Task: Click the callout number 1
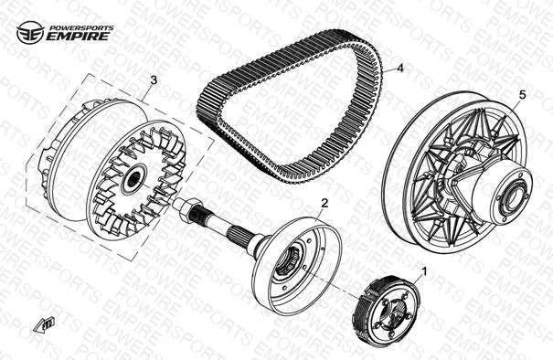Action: point(425,271)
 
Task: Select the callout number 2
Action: point(324,203)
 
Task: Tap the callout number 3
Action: point(154,80)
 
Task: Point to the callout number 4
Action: point(399,68)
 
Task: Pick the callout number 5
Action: point(522,94)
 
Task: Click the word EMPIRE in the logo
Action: point(78,37)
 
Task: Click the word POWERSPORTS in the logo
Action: point(81,27)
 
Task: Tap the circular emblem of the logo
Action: point(30,33)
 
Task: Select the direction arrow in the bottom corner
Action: point(44,324)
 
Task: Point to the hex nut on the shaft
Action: point(187,207)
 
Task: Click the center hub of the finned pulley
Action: point(134,179)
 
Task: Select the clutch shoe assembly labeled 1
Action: point(386,307)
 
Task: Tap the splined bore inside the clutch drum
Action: point(289,261)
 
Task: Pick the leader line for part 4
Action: point(388,70)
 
